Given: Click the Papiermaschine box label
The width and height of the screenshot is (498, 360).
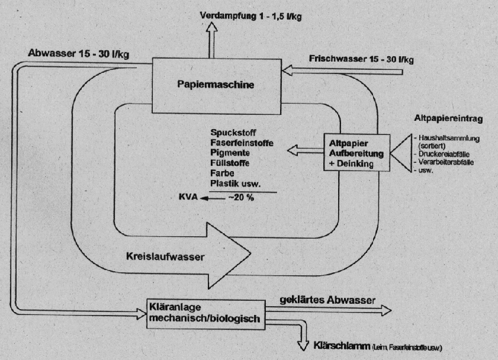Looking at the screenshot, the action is coord(216,85).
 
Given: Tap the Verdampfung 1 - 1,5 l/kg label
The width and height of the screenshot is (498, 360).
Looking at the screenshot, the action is coord(250,16).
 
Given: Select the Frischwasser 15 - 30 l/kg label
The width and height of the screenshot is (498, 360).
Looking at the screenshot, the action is coord(361,59).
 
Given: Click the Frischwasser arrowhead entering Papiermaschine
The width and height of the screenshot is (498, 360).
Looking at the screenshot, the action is coord(287,70).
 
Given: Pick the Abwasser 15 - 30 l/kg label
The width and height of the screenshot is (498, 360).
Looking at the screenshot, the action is coord(78,53).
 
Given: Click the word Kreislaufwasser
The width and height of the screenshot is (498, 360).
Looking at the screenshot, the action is coord(165,256).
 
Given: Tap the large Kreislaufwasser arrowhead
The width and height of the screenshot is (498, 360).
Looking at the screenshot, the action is coord(229,256).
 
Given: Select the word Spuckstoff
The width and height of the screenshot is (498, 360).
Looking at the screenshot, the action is coord(233,133).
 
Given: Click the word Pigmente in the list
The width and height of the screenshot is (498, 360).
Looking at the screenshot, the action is coord(230,153).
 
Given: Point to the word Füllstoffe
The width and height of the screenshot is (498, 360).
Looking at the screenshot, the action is coord(230,163).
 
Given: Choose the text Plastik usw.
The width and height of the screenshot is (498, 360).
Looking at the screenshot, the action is coord(235,183).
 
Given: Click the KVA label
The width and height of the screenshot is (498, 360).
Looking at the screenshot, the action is coord(188,197).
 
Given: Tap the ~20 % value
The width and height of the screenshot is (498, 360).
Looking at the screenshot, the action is coord(241,197).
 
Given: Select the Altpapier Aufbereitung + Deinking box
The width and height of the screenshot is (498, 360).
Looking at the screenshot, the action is coord(356,153).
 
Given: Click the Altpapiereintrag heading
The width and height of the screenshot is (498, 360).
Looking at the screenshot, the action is coord(448,119).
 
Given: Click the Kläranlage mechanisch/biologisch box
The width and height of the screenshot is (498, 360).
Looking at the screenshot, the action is coord(206,314).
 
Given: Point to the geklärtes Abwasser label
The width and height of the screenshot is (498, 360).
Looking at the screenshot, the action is coord(327,300).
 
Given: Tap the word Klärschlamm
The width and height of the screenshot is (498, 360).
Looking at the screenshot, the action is coord(342,346).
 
